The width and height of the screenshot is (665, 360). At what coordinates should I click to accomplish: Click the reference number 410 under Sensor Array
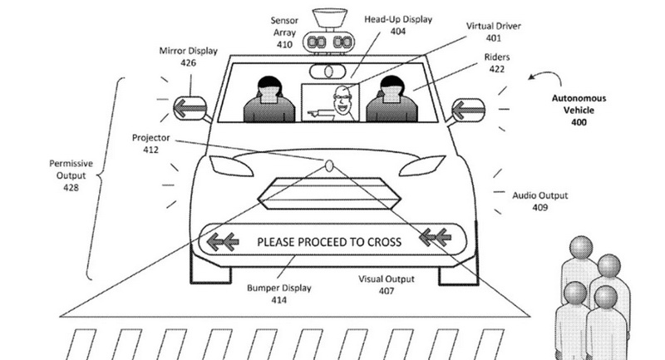(284, 45)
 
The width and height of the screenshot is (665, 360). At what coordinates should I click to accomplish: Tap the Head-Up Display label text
(398, 19)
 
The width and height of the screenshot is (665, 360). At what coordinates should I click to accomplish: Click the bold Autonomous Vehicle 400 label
(579, 111)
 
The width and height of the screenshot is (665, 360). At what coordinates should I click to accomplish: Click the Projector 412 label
(151, 143)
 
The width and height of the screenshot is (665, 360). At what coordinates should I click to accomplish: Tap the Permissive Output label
(71, 175)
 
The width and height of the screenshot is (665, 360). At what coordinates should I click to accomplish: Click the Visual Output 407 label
(387, 285)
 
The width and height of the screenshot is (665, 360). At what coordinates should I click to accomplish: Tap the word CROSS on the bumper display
(384, 242)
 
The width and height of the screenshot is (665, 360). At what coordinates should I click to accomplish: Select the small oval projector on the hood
(329, 165)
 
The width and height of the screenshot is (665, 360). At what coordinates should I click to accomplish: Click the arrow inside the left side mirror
(190, 108)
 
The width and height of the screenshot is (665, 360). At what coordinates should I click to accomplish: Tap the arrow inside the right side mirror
(468, 111)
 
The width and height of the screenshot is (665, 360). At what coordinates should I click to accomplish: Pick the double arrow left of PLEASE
(223, 242)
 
